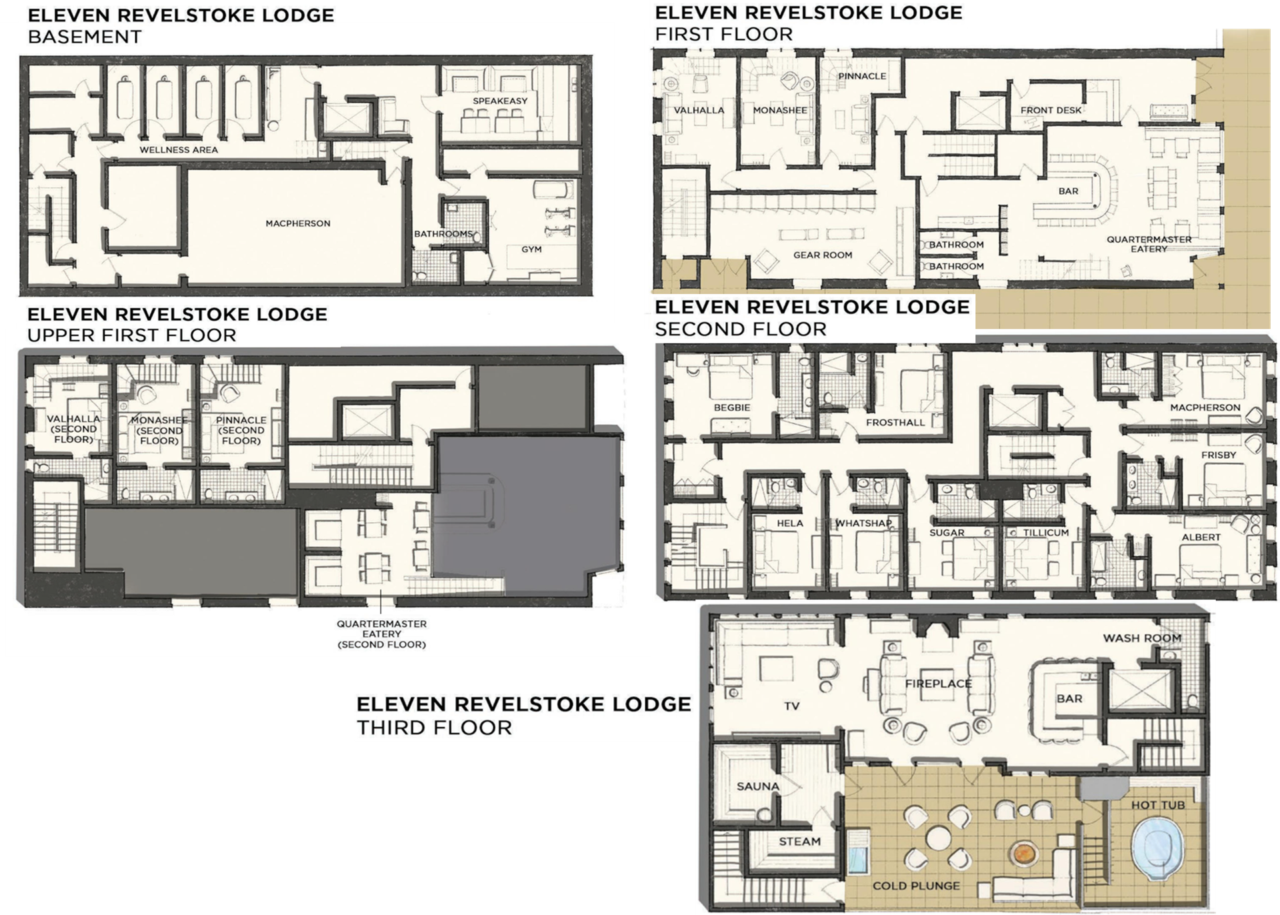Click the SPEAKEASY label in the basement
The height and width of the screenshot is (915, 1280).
(x=500, y=101)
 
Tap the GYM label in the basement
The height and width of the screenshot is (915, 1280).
(x=531, y=249)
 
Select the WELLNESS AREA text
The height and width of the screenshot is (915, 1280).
(x=179, y=150)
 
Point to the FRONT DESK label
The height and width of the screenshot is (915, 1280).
(x=1051, y=110)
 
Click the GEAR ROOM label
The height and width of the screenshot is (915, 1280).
(x=823, y=255)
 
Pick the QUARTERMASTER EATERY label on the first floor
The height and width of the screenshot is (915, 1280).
(x=1149, y=244)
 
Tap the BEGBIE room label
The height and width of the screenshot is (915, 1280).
(x=732, y=407)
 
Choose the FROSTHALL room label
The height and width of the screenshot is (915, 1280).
(x=895, y=423)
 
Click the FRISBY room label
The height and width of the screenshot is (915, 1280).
(x=1219, y=455)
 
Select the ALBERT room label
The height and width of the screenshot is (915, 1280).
(x=1201, y=537)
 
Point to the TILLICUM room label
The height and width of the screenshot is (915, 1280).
(x=1045, y=533)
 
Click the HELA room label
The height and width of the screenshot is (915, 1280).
(x=790, y=524)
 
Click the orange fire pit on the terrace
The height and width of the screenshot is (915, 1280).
(x=1023, y=853)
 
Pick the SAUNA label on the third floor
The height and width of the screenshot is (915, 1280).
(x=758, y=786)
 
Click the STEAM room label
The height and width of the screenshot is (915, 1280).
(x=799, y=842)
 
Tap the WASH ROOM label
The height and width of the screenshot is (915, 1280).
(x=1142, y=638)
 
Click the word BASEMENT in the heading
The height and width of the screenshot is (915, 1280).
(x=85, y=37)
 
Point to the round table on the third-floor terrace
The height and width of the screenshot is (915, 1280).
(x=937, y=838)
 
